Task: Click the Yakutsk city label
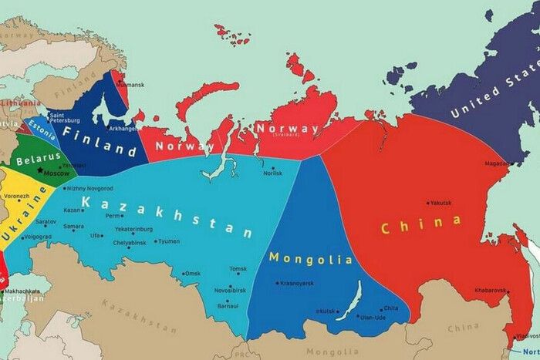tap(440, 204)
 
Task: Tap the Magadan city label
tap(495, 163)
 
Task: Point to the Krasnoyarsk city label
tap(296, 283)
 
